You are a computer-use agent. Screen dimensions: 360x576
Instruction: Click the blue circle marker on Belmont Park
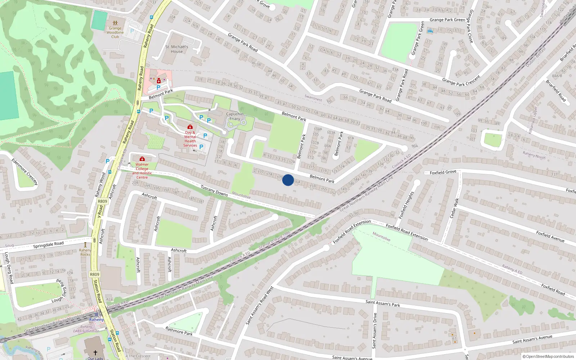pos(288,180)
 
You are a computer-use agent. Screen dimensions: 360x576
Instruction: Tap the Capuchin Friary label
pos(235,116)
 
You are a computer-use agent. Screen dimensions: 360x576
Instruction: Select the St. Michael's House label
pos(177,49)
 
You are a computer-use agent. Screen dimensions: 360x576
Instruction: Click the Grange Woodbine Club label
pos(115,32)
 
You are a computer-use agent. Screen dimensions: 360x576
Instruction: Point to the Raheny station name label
pos(96,320)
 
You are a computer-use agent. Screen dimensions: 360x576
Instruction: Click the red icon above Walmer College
pos(142,159)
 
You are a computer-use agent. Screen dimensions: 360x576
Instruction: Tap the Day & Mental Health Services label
pos(190,139)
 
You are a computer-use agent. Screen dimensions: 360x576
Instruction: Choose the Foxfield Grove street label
pos(443,172)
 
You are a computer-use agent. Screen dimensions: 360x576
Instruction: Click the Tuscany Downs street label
pos(214,190)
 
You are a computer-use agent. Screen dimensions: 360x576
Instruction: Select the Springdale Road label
pos(48,245)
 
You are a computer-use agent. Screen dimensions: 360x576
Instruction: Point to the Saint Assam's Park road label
pos(383,303)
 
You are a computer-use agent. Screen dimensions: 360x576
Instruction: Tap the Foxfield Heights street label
pos(406,205)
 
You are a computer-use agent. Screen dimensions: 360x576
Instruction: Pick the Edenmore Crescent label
pos(24,172)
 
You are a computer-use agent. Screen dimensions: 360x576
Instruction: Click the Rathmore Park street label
pos(179,331)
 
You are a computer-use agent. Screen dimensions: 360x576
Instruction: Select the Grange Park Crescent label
pos(461,81)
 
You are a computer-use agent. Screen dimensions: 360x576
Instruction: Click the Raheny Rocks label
pos(85,252)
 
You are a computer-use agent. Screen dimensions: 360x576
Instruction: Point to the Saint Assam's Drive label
pos(375,331)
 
